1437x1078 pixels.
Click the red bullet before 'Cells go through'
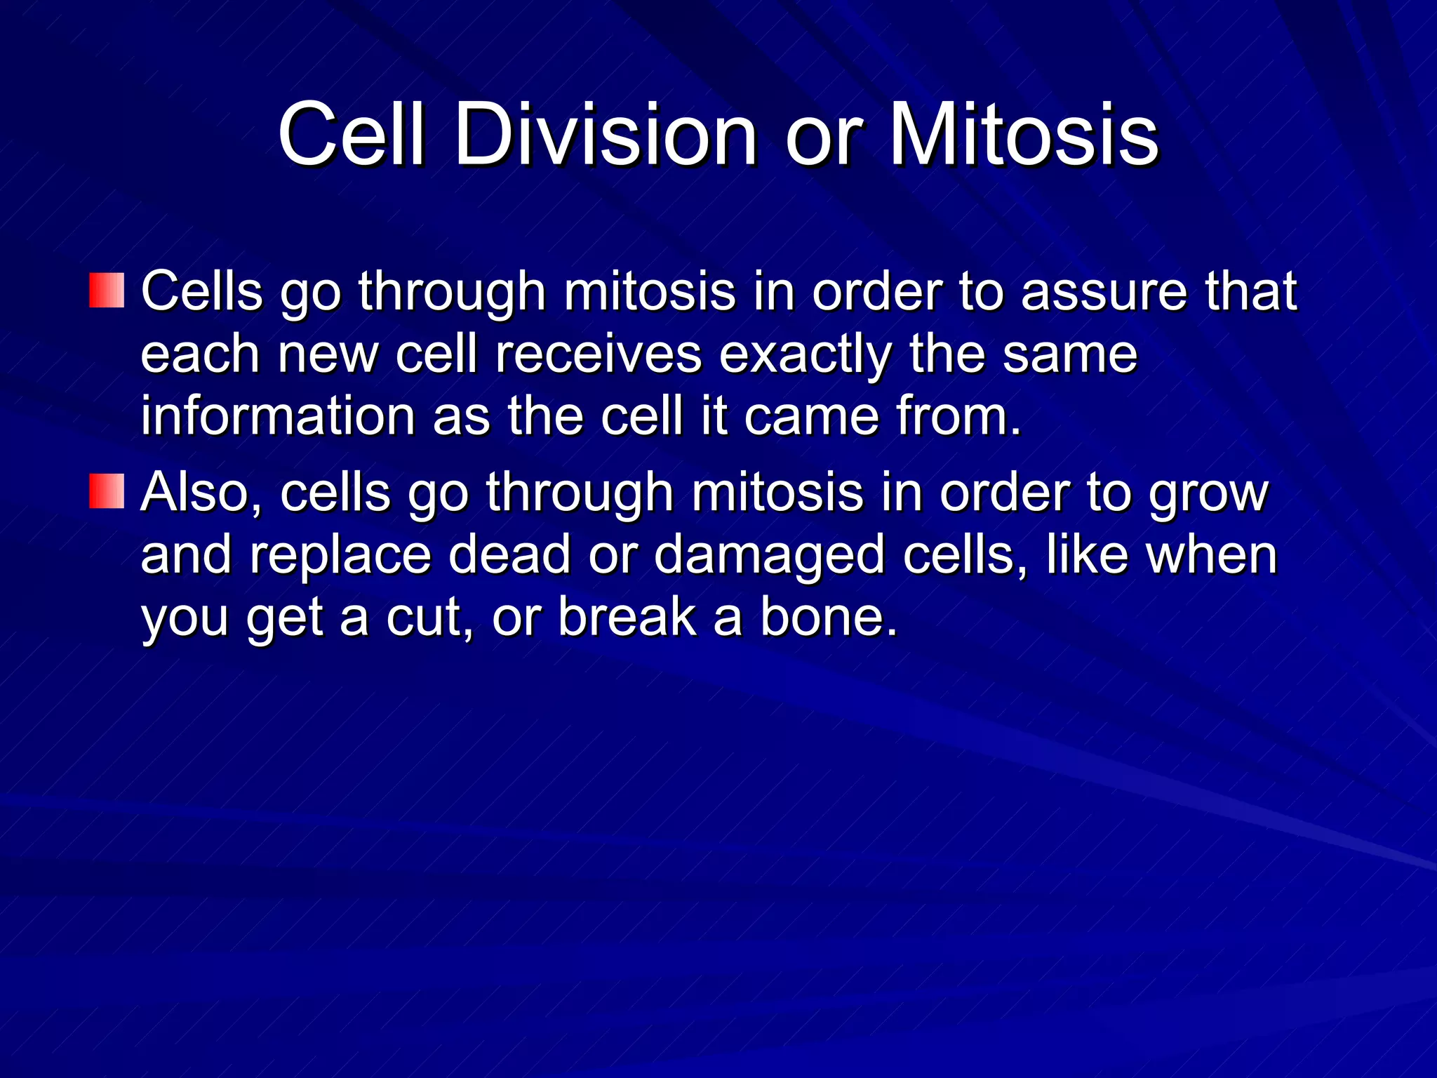click(107, 291)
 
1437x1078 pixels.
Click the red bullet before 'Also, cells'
click(107, 491)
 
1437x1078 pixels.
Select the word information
click(278, 415)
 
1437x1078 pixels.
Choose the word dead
click(509, 554)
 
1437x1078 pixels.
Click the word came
click(811, 415)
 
